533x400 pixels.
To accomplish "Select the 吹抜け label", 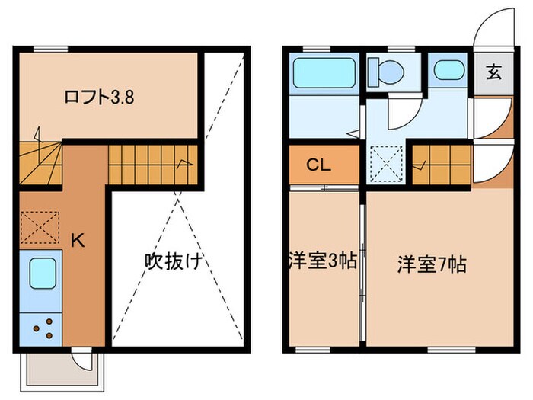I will (x=173, y=262).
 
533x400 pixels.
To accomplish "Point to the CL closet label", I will (x=318, y=165).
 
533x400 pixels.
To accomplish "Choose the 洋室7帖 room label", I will (x=431, y=264).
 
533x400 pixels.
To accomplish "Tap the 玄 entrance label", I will (x=493, y=74).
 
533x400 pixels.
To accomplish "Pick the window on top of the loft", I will (x=51, y=50).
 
